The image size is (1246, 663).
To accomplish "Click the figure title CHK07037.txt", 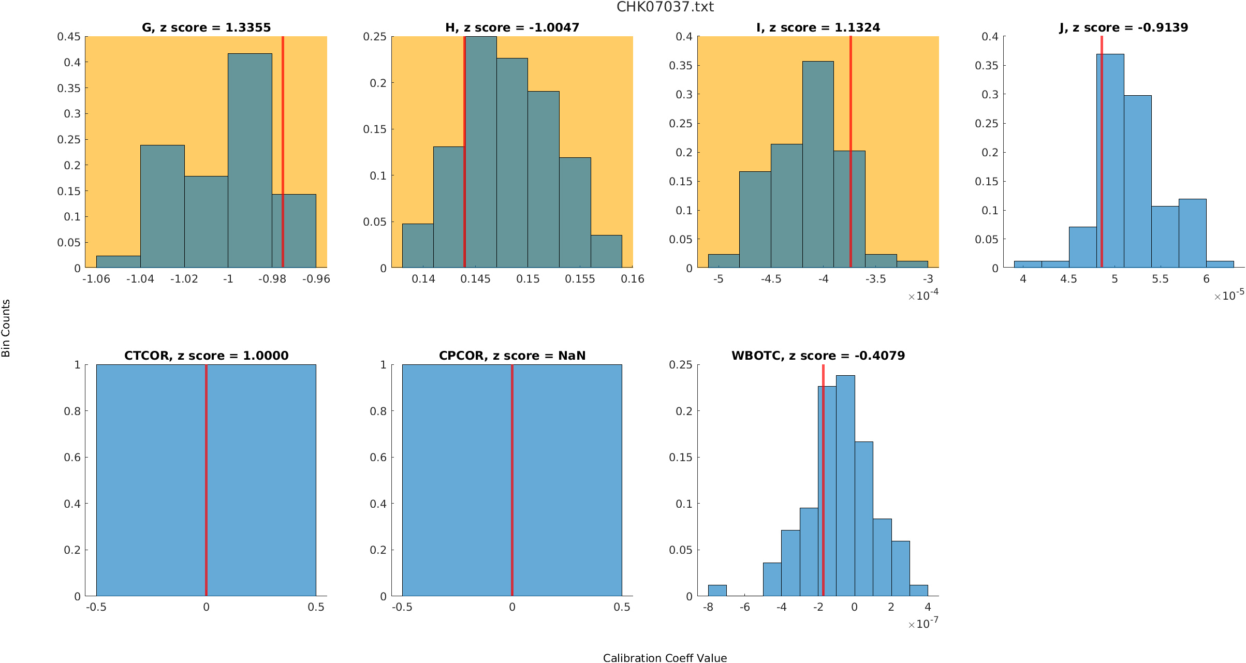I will click(665, 7).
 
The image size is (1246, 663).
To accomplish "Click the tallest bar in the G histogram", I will click(250, 160).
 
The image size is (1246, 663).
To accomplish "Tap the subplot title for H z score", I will click(512, 27).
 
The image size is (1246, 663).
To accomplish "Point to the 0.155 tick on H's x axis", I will click(580, 279).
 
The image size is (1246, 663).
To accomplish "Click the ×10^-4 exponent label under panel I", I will click(923, 296).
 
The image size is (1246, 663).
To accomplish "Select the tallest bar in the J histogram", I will click(1110, 160).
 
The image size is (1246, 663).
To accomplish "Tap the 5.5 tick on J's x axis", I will click(1160, 279).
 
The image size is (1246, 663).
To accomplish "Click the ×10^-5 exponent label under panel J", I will click(1229, 296).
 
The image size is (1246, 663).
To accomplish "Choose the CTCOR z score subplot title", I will click(206, 356).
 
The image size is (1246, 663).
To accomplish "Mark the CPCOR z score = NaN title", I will click(512, 356).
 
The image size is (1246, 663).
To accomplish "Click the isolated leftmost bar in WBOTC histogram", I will click(717, 591).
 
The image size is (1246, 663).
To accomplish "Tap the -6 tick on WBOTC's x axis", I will click(744, 607).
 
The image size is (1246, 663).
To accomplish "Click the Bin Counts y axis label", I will click(6, 328).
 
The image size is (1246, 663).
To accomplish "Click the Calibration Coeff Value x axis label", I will click(665, 657).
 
